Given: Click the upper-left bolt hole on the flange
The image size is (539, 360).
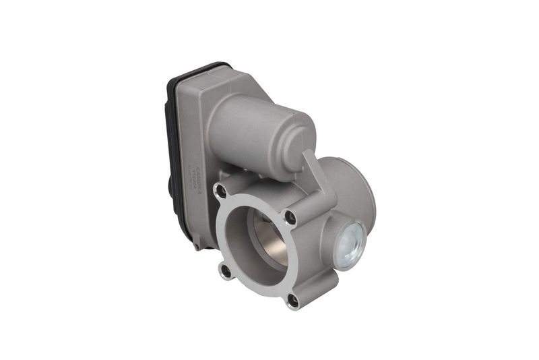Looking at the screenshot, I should click(220, 190).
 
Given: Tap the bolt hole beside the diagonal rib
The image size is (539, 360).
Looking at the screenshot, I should click(290, 217).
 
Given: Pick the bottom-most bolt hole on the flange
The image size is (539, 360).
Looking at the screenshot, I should click(292, 300).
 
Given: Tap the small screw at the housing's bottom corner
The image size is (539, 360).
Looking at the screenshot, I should click(195, 247).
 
